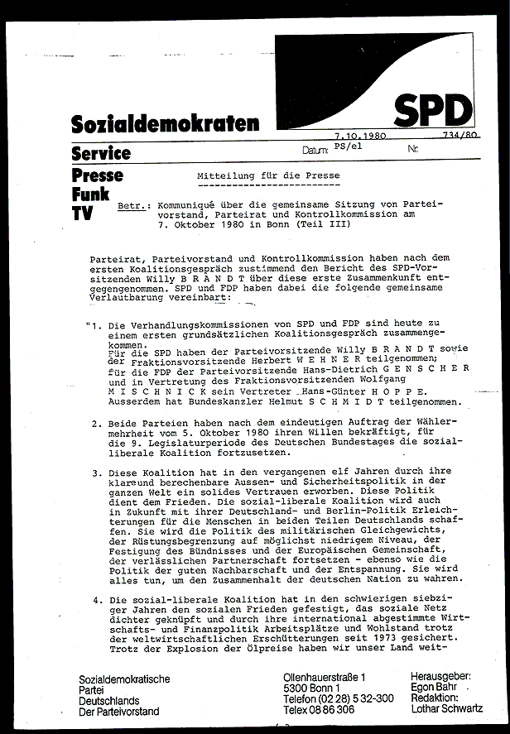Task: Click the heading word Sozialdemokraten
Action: (165, 125)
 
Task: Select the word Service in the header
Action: (101, 153)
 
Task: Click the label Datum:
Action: (315, 151)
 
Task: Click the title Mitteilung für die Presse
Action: (267, 176)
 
